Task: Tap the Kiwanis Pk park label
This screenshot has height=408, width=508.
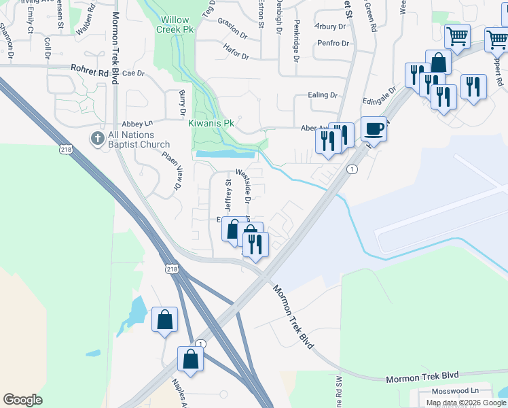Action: coord(211,124)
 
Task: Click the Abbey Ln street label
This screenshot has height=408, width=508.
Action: coord(137,124)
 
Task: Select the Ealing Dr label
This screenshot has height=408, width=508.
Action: coord(323,95)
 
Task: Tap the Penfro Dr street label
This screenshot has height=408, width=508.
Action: coord(333,44)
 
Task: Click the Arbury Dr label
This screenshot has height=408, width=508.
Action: coord(330,27)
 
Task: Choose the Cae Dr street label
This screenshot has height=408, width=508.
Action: coord(134,73)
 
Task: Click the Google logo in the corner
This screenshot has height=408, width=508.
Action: coord(23,400)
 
